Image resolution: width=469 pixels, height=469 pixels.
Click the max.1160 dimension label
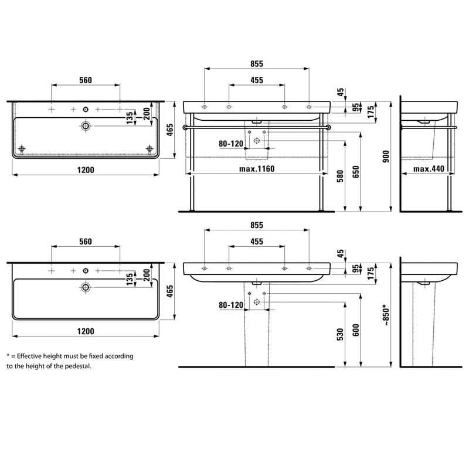(x=257, y=169)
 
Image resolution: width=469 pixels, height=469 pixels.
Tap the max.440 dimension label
(x=429, y=169)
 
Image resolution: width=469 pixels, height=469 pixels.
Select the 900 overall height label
(x=386, y=157)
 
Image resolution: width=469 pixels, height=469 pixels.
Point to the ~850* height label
(x=386, y=315)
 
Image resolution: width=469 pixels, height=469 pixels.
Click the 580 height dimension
(x=341, y=176)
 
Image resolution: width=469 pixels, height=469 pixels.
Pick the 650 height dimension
(x=356, y=172)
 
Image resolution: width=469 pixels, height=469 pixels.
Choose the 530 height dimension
(x=341, y=334)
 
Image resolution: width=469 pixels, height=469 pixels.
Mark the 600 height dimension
(x=356, y=330)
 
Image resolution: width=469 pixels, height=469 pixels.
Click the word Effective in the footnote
(x=29, y=356)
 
